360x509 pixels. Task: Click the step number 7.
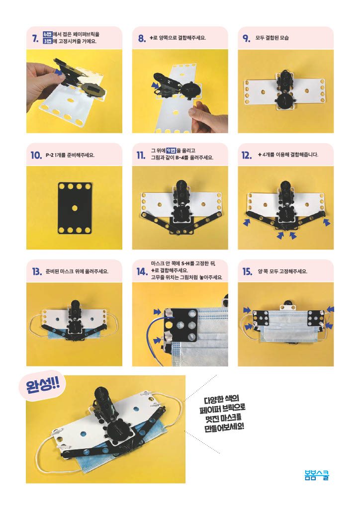pos(36,38)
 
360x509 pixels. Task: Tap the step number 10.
pos(36,155)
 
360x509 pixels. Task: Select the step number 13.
pos(37,271)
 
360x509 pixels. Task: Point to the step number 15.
pos(247,271)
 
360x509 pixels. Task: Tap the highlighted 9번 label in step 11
pos(171,150)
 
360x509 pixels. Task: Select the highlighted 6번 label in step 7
pos(48,34)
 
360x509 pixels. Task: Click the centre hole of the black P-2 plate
pos(75,208)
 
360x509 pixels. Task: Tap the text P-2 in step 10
pos(49,155)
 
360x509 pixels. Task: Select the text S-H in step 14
pos(185,263)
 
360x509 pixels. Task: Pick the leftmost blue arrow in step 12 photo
pos(247,222)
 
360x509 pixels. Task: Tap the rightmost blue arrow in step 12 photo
pos(327,222)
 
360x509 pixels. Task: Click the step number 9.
pos(247,38)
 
